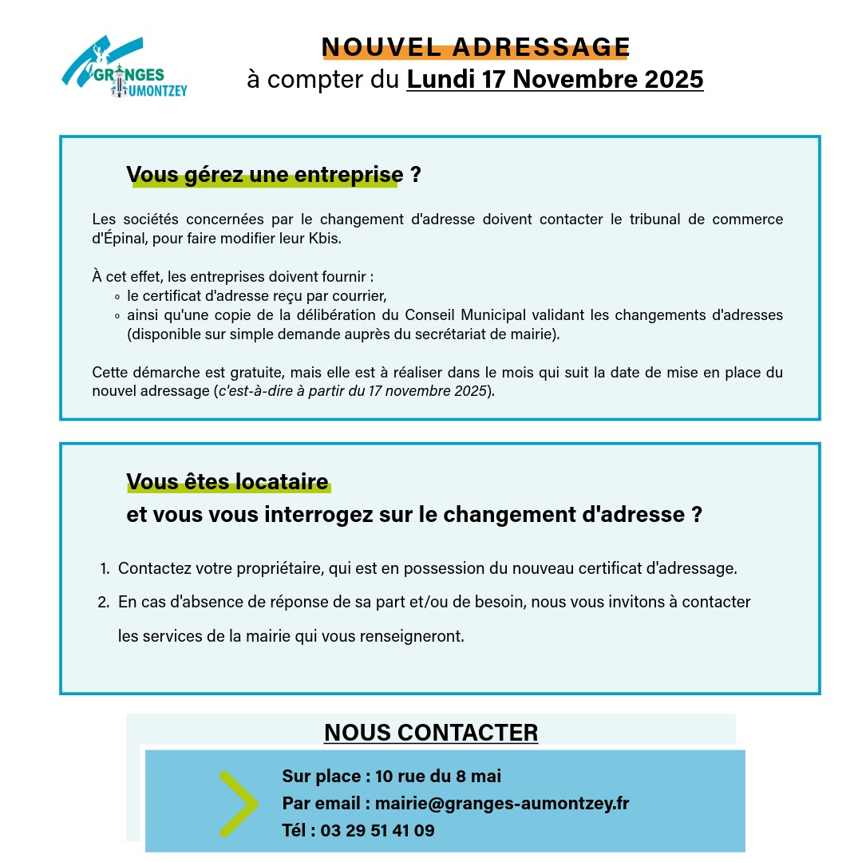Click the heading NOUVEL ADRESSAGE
[x=476, y=46]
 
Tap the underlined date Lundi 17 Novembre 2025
[x=555, y=80]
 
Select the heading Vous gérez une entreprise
[x=264, y=175]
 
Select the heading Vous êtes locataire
[x=227, y=482]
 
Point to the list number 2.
[x=103, y=603]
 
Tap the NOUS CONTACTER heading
[x=431, y=733]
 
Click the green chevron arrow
[x=237, y=804]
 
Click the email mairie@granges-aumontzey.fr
[x=502, y=803]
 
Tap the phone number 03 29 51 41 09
[x=378, y=830]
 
